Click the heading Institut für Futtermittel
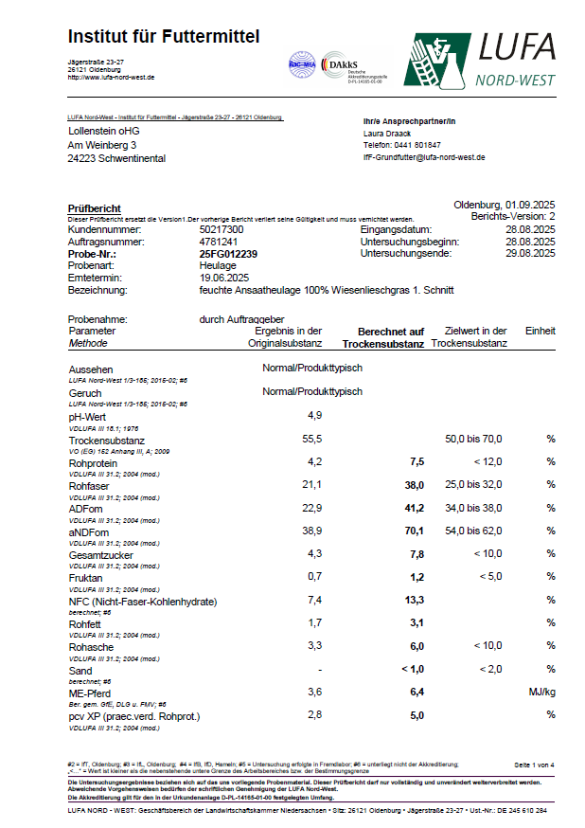point(163,36)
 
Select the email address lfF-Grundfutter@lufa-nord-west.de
point(424,157)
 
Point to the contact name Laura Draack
point(389,134)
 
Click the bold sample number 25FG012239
point(228,254)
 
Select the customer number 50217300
point(222,230)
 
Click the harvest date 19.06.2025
point(224,278)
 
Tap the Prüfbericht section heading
point(95,207)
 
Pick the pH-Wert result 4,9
point(315,415)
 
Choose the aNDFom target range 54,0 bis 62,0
point(473,531)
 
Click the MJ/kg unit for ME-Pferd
point(541,693)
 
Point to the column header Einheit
point(541,332)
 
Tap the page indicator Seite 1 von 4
point(535,764)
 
